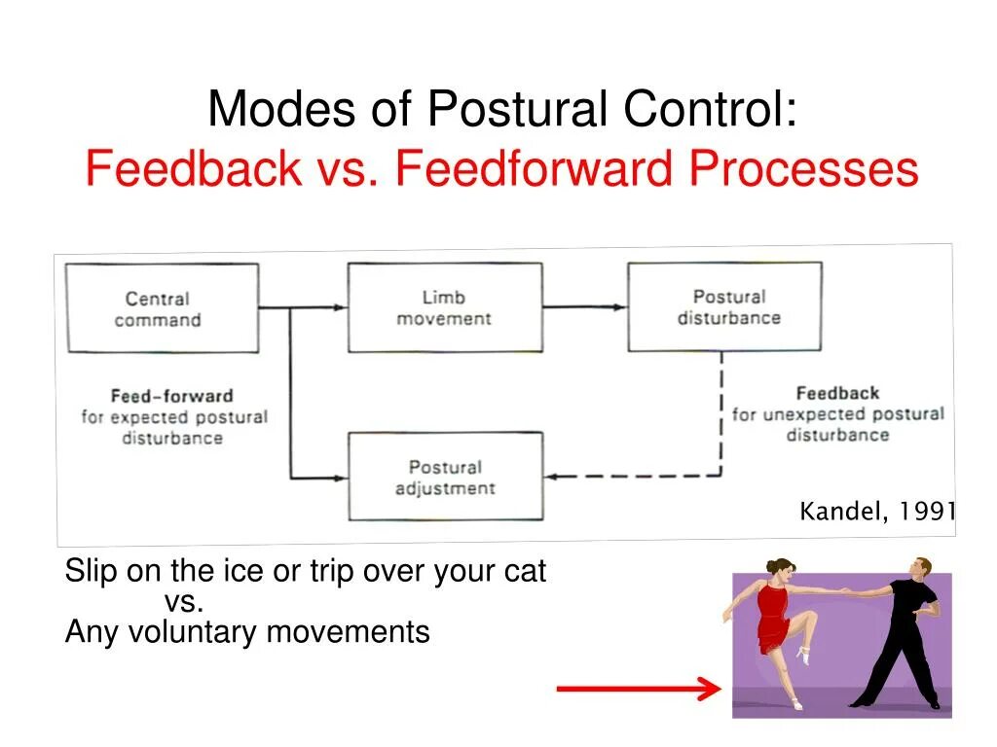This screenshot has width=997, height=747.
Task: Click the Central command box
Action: coord(162,307)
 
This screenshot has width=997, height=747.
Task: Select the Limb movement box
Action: coord(444,307)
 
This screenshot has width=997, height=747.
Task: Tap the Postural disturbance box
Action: coord(724,307)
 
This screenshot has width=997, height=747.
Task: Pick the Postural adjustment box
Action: coord(445,477)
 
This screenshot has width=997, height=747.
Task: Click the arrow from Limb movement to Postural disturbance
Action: coord(584,307)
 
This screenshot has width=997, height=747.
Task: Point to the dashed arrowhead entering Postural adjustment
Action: coord(553,477)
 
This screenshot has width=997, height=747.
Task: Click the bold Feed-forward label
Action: coord(171,396)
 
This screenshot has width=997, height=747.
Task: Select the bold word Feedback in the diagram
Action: coord(837,393)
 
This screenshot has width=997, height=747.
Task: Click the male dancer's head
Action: coord(920,567)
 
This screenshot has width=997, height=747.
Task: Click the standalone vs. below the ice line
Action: coord(184,602)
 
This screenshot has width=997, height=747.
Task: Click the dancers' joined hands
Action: coord(845,589)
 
